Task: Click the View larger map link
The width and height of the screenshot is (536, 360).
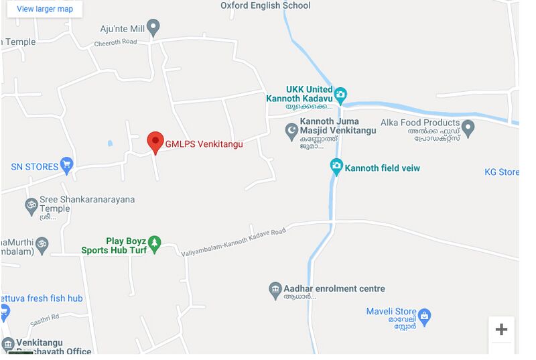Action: click(45, 9)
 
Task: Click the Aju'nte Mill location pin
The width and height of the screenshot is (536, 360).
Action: click(153, 28)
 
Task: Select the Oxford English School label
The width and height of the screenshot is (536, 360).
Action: click(265, 5)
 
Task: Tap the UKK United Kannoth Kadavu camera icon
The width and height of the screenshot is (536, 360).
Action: click(340, 94)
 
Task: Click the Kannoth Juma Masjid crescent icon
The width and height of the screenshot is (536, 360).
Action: click(291, 130)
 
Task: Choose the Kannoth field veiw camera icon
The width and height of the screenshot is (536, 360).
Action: click(336, 167)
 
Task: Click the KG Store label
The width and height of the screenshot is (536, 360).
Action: click(501, 172)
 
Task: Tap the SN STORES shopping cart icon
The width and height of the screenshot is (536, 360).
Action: click(66, 165)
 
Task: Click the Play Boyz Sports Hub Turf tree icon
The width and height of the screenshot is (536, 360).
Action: click(155, 245)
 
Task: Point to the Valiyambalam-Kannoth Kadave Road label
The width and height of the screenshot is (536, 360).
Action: click(234, 241)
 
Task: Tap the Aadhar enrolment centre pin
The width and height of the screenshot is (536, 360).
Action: click(275, 290)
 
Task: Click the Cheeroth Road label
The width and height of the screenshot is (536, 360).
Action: click(115, 42)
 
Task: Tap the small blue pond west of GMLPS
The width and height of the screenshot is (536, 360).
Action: click(110, 143)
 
